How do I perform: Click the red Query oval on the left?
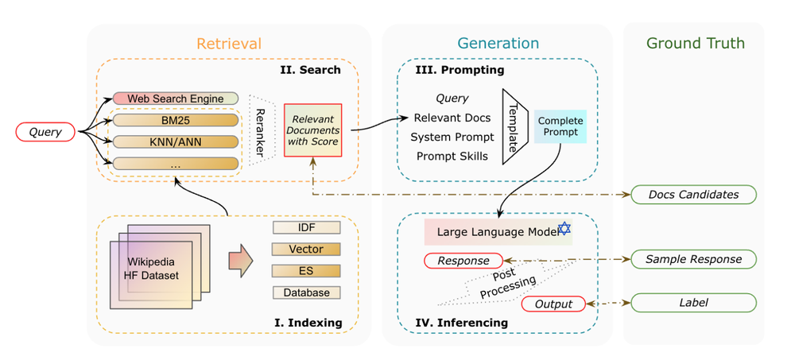coord(45,133)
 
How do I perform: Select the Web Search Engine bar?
coord(175,99)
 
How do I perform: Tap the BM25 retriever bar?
coord(175,121)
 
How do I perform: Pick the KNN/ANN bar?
coord(175,142)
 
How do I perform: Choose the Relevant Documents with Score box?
coord(312,130)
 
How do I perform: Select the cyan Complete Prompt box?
coord(560,126)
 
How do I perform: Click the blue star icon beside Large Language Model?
coord(564,230)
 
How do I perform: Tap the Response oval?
coord(463,260)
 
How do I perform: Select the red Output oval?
coord(553,303)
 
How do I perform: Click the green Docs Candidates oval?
coord(693,194)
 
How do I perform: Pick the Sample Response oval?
coord(693,259)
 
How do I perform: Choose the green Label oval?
coord(693,303)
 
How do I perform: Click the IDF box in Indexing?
coord(306,227)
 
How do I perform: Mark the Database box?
coord(306,292)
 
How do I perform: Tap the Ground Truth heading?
coord(695,44)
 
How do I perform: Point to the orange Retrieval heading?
coord(229,44)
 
